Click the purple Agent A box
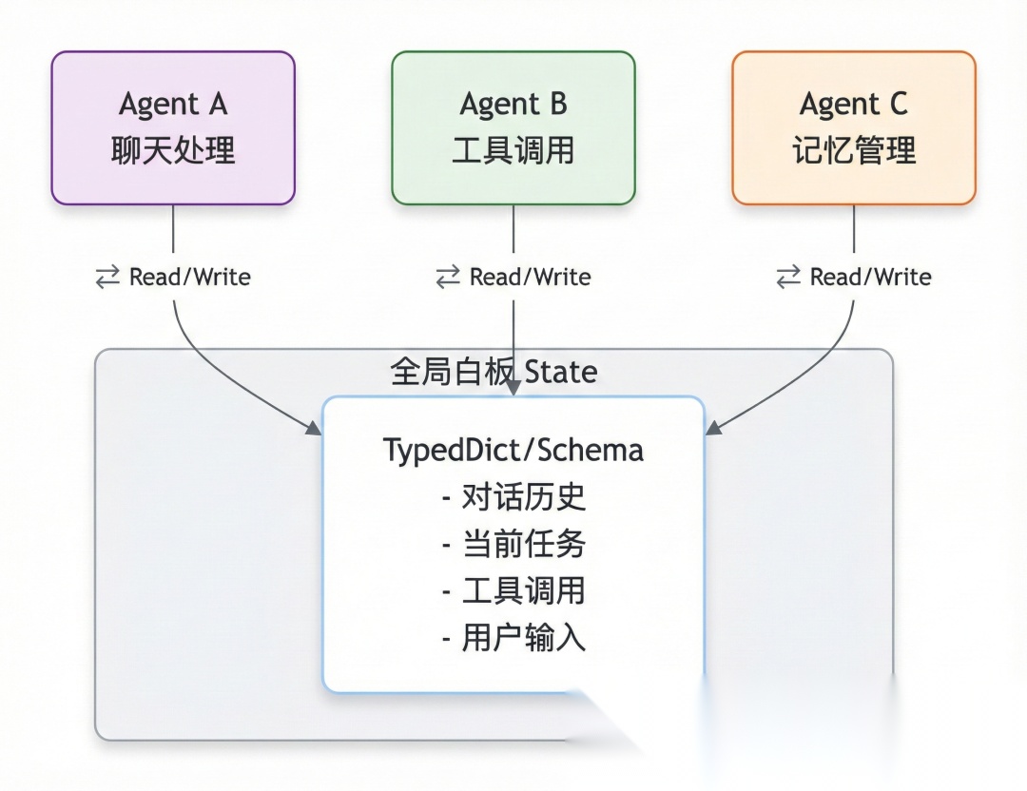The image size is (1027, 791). [173, 127]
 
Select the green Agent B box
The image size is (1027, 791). [513, 127]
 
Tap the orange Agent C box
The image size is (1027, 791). [854, 127]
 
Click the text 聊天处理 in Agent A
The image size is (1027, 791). [173, 151]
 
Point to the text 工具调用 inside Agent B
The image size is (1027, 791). [513, 151]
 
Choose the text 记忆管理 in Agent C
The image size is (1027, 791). [854, 151]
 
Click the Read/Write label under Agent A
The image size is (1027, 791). [189, 278]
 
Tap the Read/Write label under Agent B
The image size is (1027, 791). [530, 278]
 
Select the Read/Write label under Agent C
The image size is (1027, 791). [870, 278]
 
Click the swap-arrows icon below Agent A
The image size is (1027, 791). [107, 278]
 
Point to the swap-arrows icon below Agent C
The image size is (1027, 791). [788, 278]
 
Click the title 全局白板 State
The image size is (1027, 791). [494, 371]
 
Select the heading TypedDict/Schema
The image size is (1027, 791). [513, 450]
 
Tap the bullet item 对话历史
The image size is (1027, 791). [523, 497]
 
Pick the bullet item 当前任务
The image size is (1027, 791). [523, 544]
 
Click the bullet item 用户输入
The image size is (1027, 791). [523, 638]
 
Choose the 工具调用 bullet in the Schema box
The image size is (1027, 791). [523, 591]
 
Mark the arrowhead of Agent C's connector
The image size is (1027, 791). [711, 429]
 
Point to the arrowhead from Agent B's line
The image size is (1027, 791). [513, 389]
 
